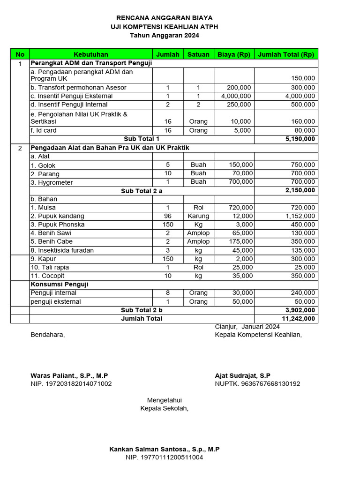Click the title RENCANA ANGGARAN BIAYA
tap(164, 18)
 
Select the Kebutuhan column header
tap(90, 54)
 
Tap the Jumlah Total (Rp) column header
tap(286, 54)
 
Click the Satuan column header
tap(198, 54)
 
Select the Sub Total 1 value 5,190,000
tap(300, 139)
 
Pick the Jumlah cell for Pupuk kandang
tap(168, 216)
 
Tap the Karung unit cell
tap(198, 216)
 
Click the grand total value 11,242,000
tap(299, 319)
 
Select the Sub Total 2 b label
tap(142, 310)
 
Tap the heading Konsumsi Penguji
tap(60, 285)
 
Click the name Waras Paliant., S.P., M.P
tap(69, 375)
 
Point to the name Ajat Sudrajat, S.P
tap(242, 375)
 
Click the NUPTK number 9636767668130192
tap(257, 384)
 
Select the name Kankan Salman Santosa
tap(164, 449)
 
